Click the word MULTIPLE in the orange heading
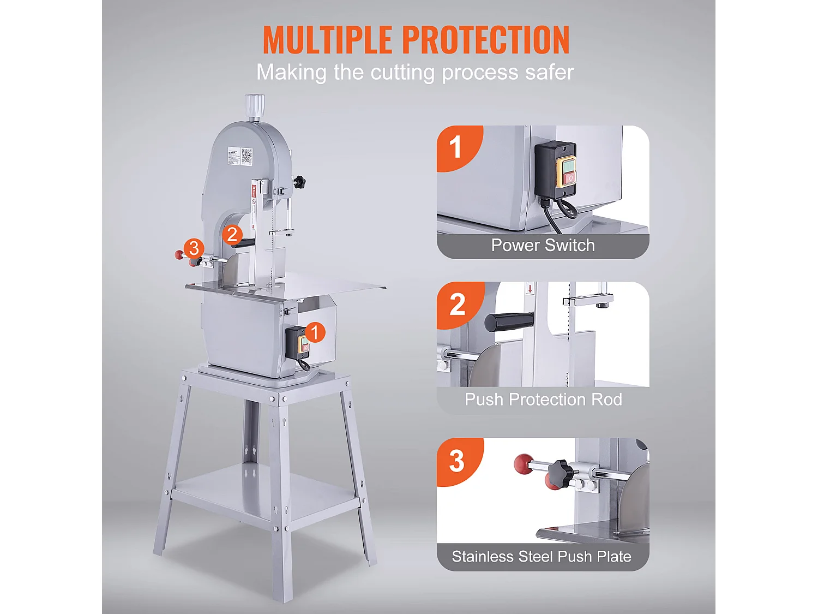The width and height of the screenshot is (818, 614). pyautogui.click(x=328, y=40)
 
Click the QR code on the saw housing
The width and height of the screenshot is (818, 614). pyautogui.click(x=246, y=156)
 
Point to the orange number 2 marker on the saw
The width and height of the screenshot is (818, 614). pyautogui.click(x=232, y=235)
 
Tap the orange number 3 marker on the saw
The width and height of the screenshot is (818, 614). pyautogui.click(x=194, y=248)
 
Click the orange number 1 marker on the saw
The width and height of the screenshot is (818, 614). pyautogui.click(x=315, y=332)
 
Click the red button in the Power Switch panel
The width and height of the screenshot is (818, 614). pyautogui.click(x=569, y=179)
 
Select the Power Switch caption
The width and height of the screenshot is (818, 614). pyautogui.click(x=543, y=245)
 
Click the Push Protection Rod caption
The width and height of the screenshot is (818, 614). pyautogui.click(x=543, y=400)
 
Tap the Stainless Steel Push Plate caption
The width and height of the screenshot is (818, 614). pyautogui.click(x=542, y=557)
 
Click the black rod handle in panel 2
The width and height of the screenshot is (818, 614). pyautogui.click(x=509, y=321)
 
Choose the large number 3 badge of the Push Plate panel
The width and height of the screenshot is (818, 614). pyautogui.click(x=458, y=461)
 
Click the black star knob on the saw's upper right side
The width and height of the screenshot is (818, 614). pyautogui.click(x=299, y=182)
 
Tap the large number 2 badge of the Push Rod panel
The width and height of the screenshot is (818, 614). pyautogui.click(x=458, y=305)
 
